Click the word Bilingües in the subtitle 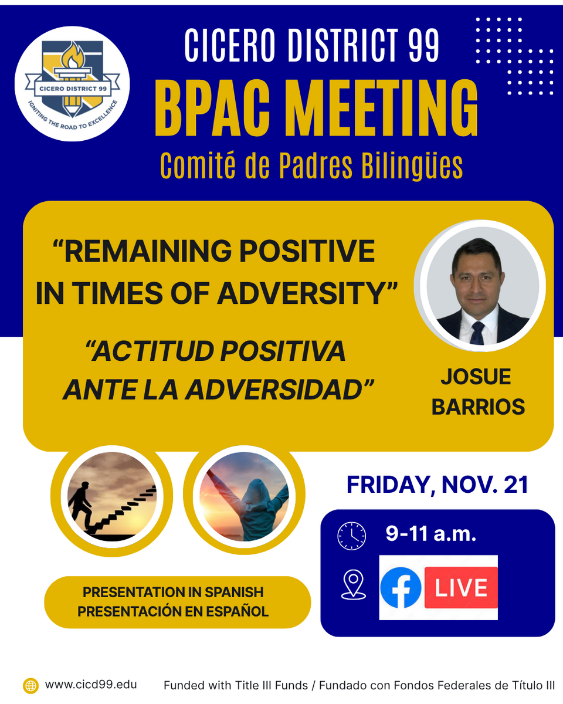(x=412, y=166)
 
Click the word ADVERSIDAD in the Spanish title (x=280, y=390)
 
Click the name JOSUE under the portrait (x=476, y=377)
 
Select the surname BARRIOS (x=478, y=407)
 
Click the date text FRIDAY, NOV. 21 (x=437, y=485)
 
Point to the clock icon (x=352, y=536)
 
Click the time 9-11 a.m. (x=430, y=533)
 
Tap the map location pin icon (x=353, y=585)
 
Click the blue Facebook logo (x=401, y=587)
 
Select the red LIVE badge (x=461, y=587)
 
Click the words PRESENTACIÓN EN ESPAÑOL (x=173, y=611)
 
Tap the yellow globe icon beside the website (x=30, y=686)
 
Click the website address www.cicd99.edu (x=91, y=685)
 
